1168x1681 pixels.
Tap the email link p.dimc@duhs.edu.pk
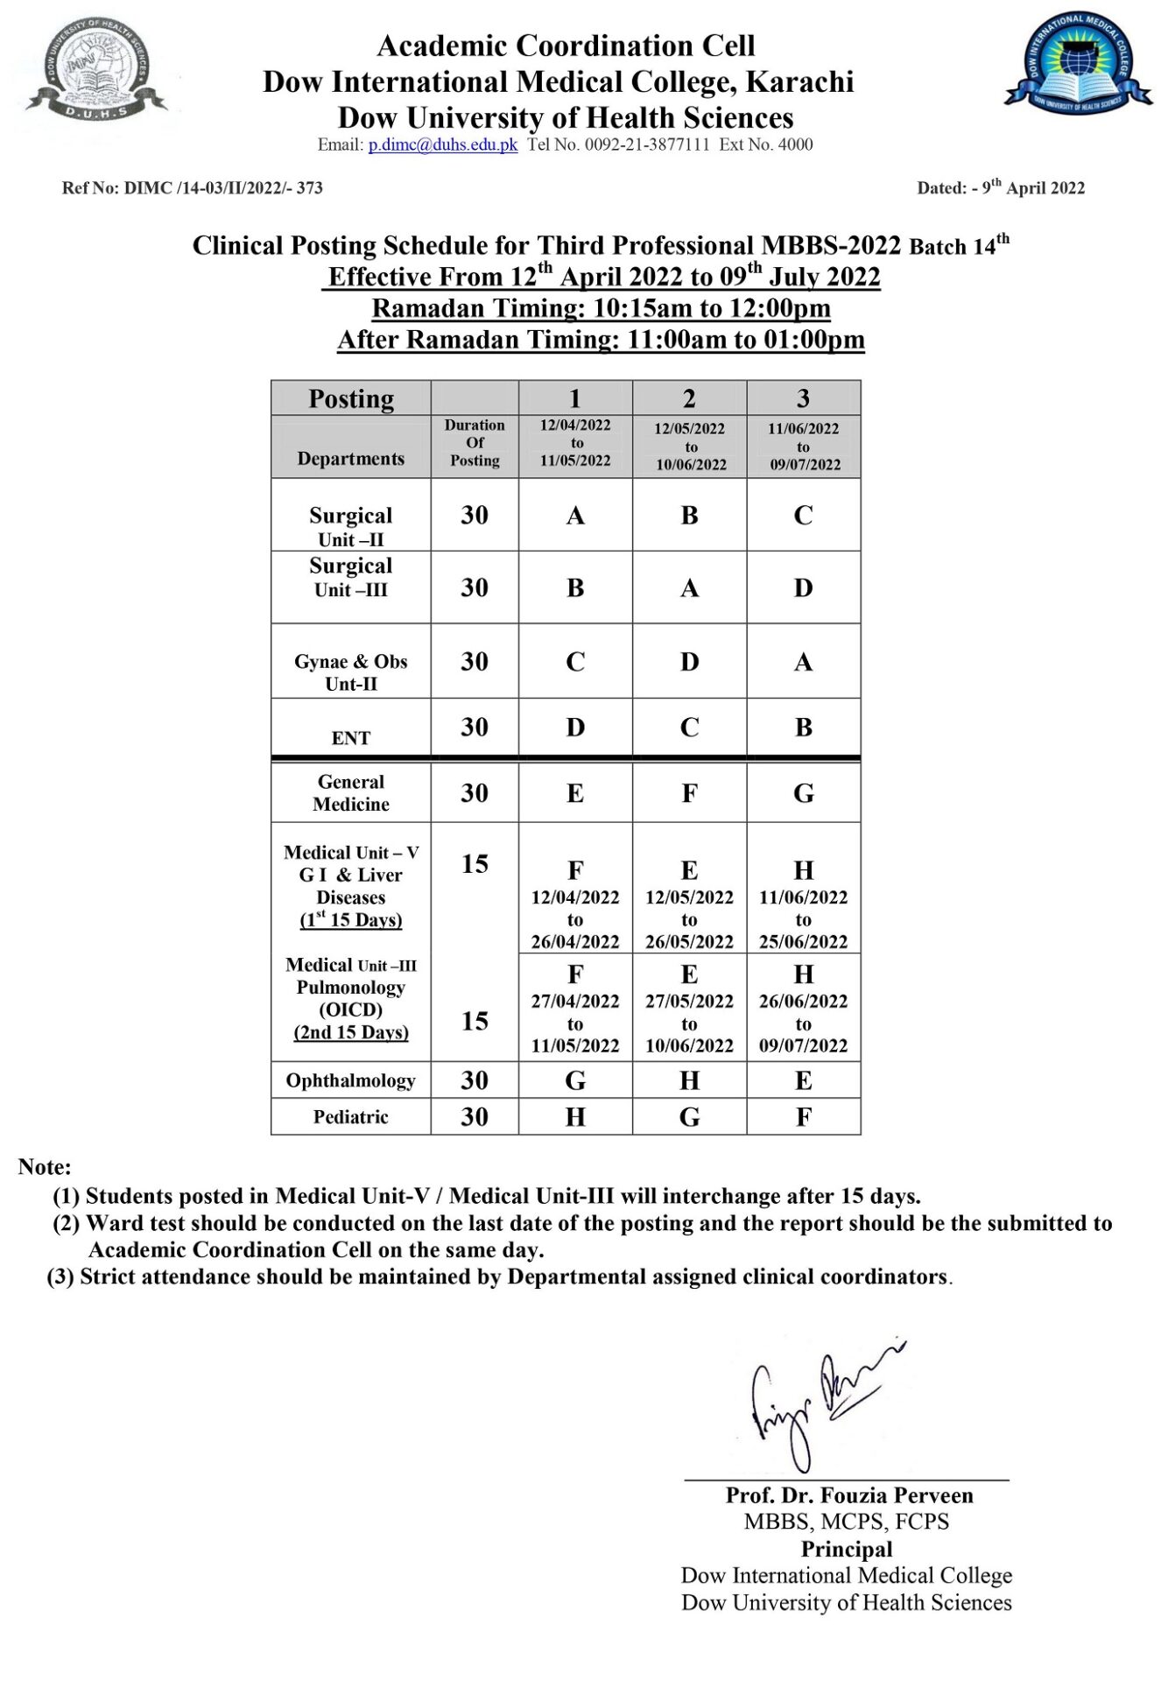pyautogui.click(x=442, y=145)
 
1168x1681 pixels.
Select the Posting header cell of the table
pyautogui.click(x=351, y=399)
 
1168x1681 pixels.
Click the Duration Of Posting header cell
pyautogui.click(x=475, y=443)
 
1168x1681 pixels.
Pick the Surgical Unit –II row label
pyautogui.click(x=351, y=525)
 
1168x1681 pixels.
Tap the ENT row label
pyautogui.click(x=351, y=738)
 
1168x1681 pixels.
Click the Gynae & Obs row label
pyautogui.click(x=351, y=672)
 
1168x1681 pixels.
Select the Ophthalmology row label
pyautogui.click(x=351, y=1080)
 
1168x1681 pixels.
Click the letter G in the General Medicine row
pyautogui.click(x=804, y=793)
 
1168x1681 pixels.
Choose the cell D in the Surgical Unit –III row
pyautogui.click(x=804, y=588)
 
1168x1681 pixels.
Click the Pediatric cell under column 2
pyautogui.click(x=690, y=1117)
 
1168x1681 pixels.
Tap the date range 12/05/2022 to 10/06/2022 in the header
pyautogui.click(x=691, y=447)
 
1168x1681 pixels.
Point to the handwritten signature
pyautogui.click(x=818, y=1402)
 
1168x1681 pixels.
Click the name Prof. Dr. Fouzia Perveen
pyautogui.click(x=848, y=1495)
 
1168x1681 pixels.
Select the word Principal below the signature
pyautogui.click(x=847, y=1549)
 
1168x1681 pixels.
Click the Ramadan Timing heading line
pyautogui.click(x=602, y=308)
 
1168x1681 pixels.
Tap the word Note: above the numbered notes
pyautogui.click(x=45, y=1167)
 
